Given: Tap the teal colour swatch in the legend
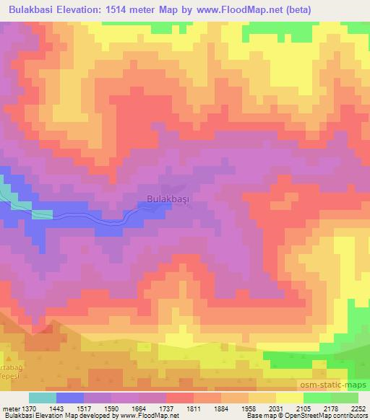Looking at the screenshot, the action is click(x=43, y=398).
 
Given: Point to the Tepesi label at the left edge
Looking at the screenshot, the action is click(x=9, y=363).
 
